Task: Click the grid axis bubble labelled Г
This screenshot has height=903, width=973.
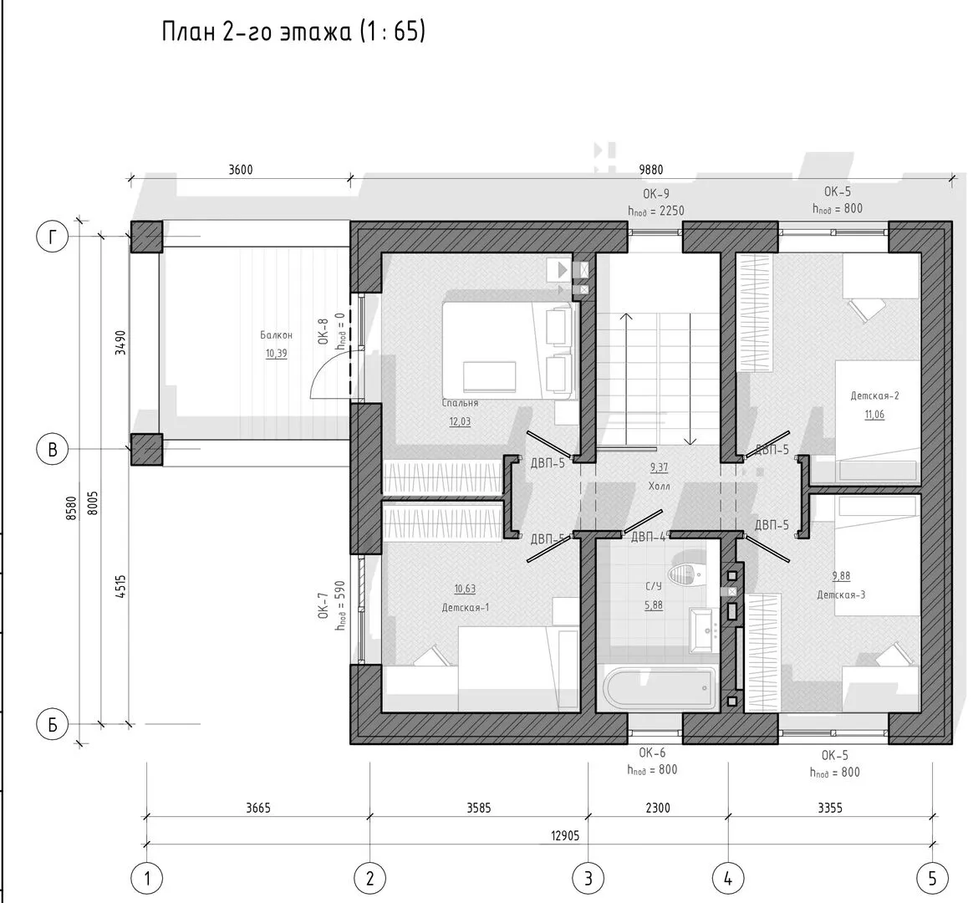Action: click(x=53, y=237)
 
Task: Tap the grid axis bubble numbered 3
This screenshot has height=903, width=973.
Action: click(x=588, y=878)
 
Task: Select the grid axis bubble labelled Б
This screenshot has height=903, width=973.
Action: click(x=53, y=724)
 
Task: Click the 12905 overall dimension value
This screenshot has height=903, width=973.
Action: click(x=564, y=834)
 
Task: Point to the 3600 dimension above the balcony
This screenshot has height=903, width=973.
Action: click(x=240, y=170)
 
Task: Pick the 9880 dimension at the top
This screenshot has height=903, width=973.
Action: click(x=652, y=170)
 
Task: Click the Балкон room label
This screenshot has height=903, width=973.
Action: click(x=276, y=334)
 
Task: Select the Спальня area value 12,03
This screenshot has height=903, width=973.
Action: click(x=460, y=421)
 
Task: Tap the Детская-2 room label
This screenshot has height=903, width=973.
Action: click(x=874, y=395)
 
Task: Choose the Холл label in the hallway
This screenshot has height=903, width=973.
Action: click(x=659, y=485)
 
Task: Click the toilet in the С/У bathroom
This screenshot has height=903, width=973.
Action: click(x=685, y=573)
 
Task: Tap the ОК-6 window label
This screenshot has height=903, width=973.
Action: click(x=652, y=752)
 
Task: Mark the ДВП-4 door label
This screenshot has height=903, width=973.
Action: click(x=648, y=536)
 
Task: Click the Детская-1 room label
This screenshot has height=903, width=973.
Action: click(x=465, y=608)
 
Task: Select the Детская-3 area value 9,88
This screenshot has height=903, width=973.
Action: click(x=841, y=576)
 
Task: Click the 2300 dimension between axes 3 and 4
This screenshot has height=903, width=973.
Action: click(x=658, y=808)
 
